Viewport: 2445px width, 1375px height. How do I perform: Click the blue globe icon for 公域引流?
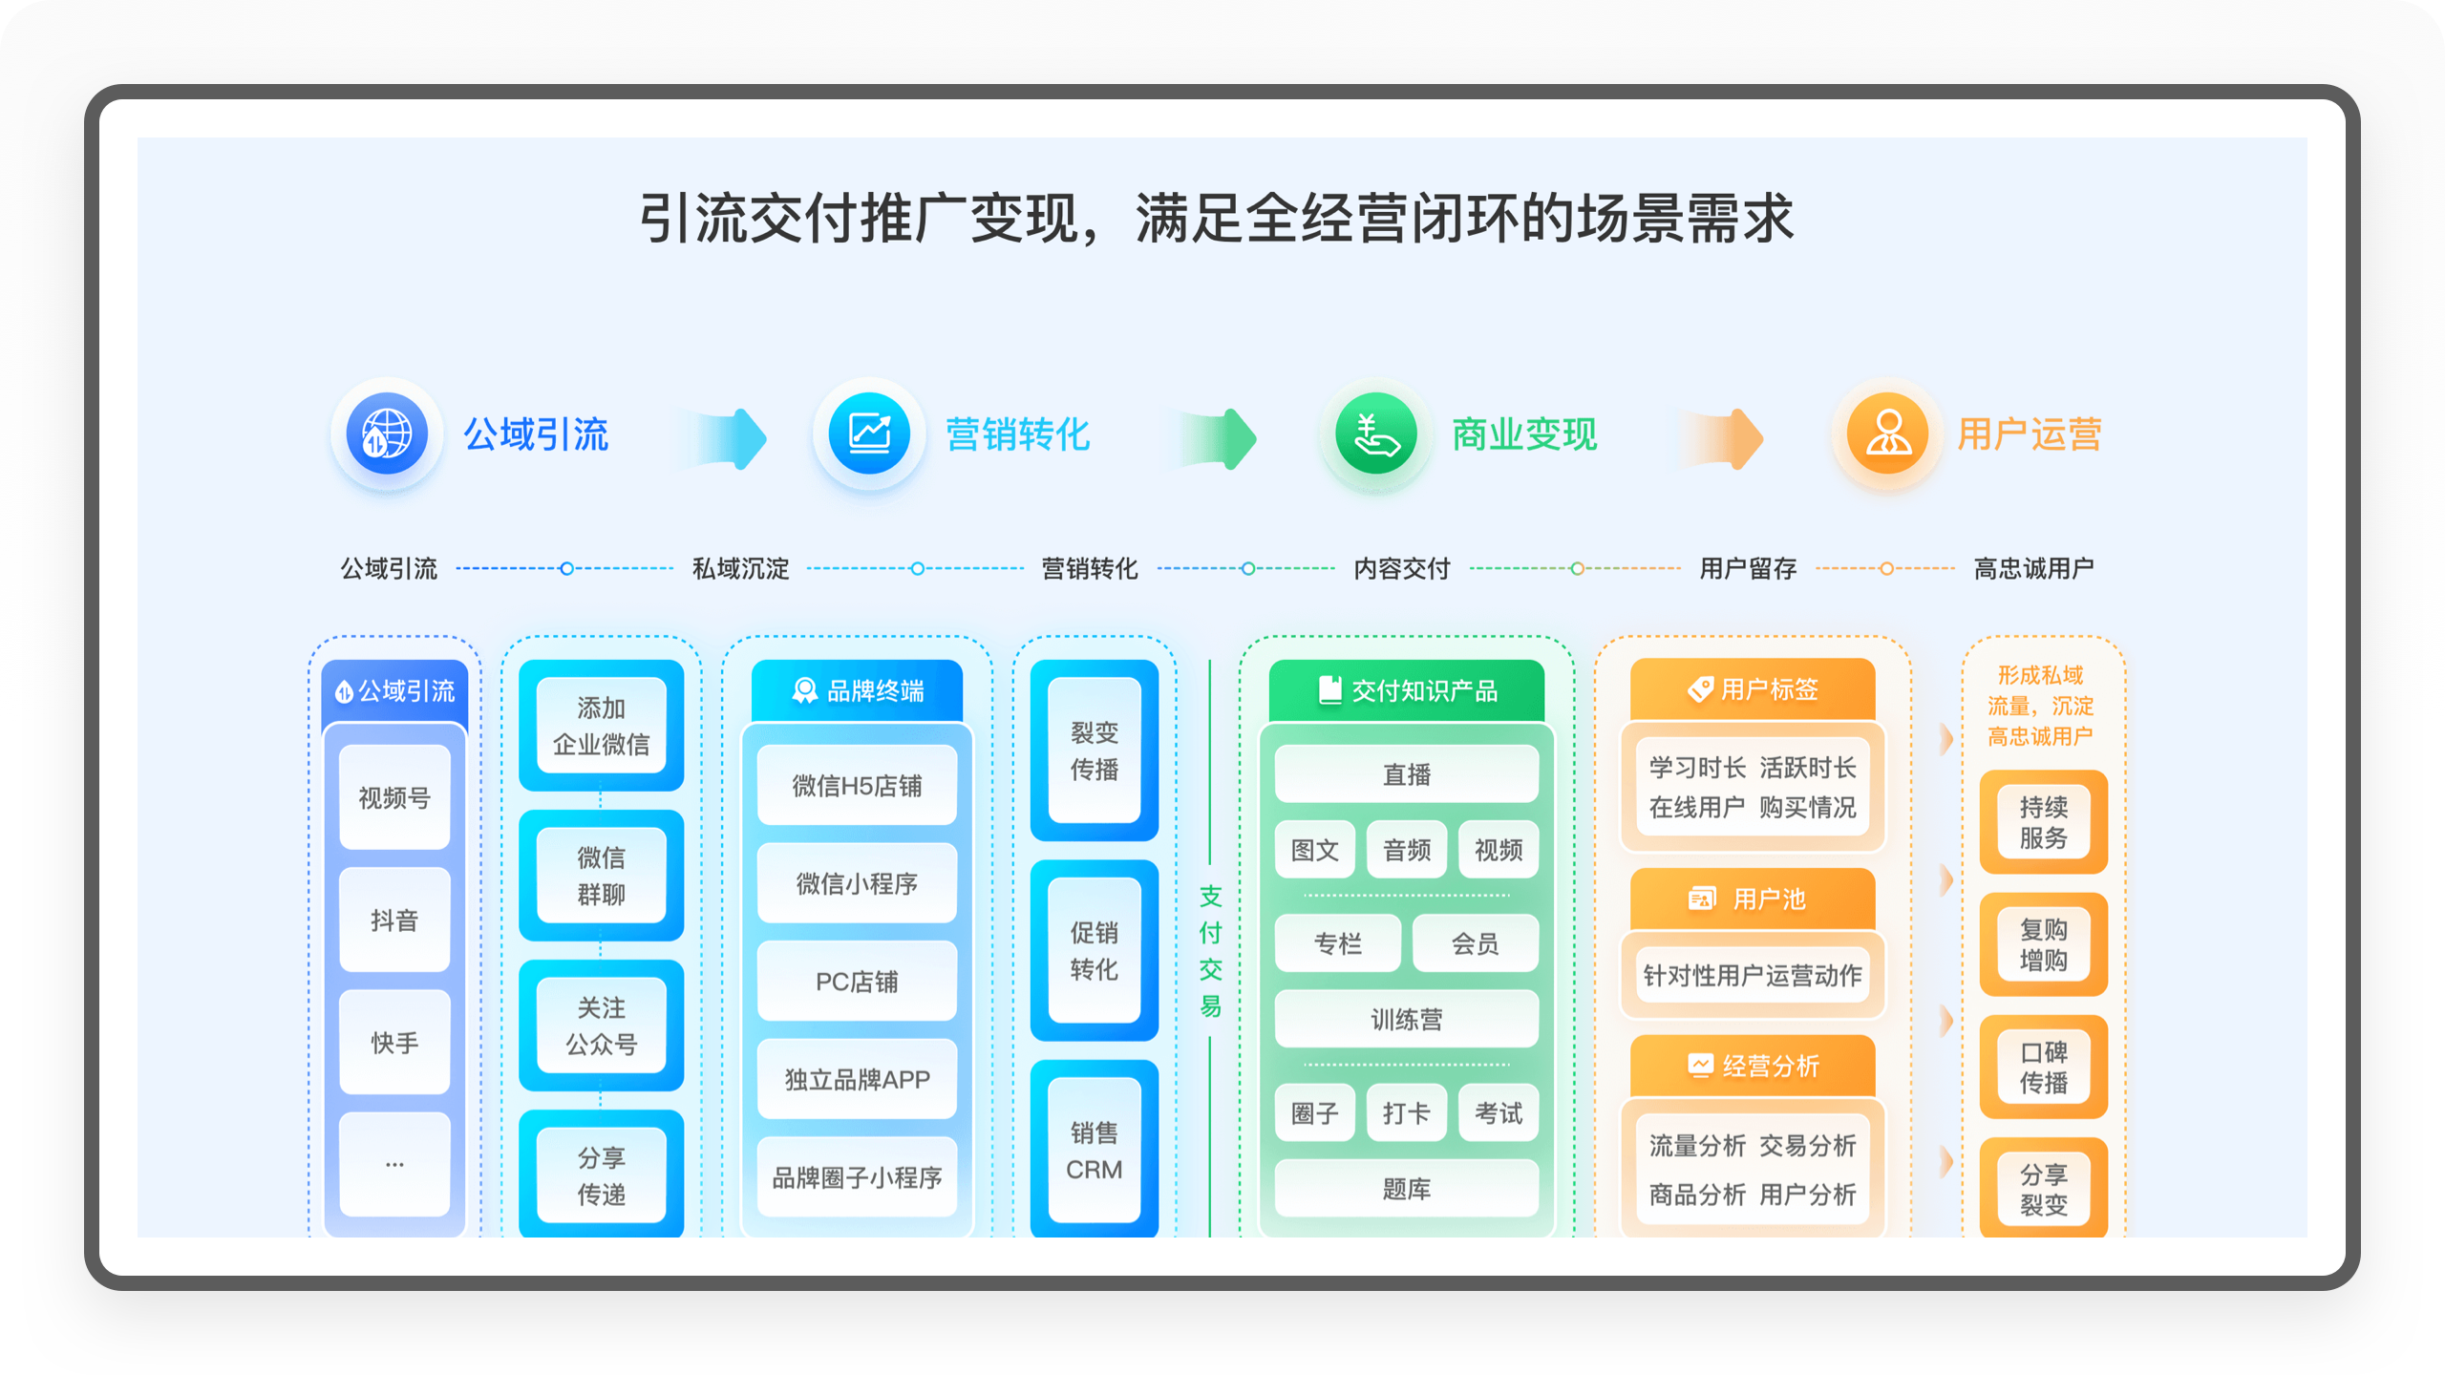tap(386, 434)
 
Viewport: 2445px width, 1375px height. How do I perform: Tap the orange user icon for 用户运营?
tap(1887, 434)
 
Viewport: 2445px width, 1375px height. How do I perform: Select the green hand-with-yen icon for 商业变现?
tap(1375, 434)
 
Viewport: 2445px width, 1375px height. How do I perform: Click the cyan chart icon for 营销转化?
tap(869, 434)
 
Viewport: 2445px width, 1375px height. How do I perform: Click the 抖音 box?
tap(394, 920)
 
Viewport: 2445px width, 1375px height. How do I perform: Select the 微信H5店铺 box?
tap(857, 786)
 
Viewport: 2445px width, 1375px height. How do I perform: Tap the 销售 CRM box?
tap(1094, 1151)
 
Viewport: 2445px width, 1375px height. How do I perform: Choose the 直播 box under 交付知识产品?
tap(1406, 774)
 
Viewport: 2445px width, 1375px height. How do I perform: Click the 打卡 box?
tap(1406, 1113)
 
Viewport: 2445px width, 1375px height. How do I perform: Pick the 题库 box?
tap(1406, 1189)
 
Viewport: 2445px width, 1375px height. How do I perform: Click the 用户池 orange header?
tap(1752, 899)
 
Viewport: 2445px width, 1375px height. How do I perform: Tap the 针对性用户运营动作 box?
tap(1752, 975)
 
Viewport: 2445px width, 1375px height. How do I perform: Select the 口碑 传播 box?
tap(2043, 1067)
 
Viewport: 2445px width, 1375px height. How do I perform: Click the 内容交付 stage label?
tap(1401, 569)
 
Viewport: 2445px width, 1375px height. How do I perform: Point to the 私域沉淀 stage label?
tap(740, 569)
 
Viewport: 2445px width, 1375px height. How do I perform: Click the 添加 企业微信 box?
tap(601, 726)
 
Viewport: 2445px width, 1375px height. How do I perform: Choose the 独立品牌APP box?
tap(857, 1079)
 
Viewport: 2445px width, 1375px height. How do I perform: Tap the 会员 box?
tap(1475, 943)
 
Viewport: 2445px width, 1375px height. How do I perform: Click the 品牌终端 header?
tap(857, 690)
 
